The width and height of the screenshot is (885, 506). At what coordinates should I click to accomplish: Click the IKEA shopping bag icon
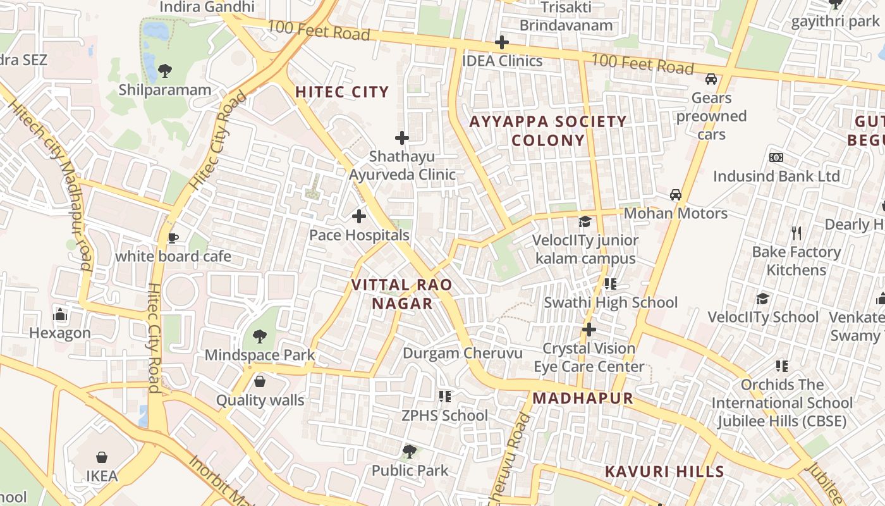(101, 457)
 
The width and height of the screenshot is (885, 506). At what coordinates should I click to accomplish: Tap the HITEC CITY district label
(342, 92)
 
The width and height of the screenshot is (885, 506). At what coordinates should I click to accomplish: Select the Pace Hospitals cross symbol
(359, 217)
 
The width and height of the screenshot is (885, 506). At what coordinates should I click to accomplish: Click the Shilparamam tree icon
(165, 70)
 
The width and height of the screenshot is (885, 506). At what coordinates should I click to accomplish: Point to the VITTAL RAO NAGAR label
(402, 294)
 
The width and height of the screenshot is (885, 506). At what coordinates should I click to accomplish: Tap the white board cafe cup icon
(173, 238)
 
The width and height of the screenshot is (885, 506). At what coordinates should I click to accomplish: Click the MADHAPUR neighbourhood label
(582, 398)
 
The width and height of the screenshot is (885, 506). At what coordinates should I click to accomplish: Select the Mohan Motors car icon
(676, 195)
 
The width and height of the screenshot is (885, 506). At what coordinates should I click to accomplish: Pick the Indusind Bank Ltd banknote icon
(776, 157)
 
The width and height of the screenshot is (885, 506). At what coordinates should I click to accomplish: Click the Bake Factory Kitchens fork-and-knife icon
(796, 233)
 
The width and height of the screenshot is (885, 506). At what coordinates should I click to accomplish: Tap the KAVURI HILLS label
(664, 472)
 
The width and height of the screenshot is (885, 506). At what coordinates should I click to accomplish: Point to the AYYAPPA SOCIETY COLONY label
(548, 130)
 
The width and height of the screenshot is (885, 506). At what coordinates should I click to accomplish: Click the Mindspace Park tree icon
(259, 336)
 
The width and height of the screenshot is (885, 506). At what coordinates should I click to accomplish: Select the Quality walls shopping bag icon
(260, 381)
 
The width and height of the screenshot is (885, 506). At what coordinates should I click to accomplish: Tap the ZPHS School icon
(445, 397)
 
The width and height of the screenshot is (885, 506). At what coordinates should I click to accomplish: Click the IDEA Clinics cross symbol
(502, 42)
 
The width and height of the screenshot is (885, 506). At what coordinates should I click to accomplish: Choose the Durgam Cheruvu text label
(463, 353)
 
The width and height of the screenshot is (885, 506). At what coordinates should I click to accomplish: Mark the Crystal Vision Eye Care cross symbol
(589, 330)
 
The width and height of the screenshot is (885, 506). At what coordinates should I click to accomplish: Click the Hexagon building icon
(60, 314)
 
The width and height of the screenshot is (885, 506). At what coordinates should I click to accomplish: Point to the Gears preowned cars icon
(711, 79)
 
